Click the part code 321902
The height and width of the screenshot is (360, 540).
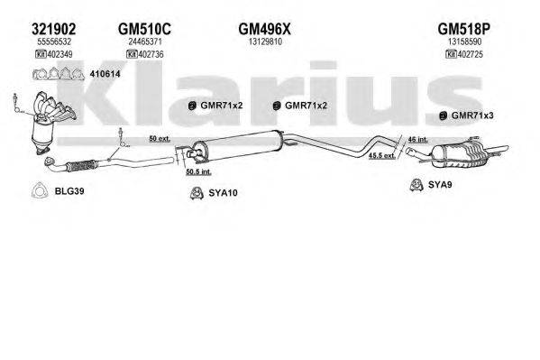52,27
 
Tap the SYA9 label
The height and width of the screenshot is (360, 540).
439,185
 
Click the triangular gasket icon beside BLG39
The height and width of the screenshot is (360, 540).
39,190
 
